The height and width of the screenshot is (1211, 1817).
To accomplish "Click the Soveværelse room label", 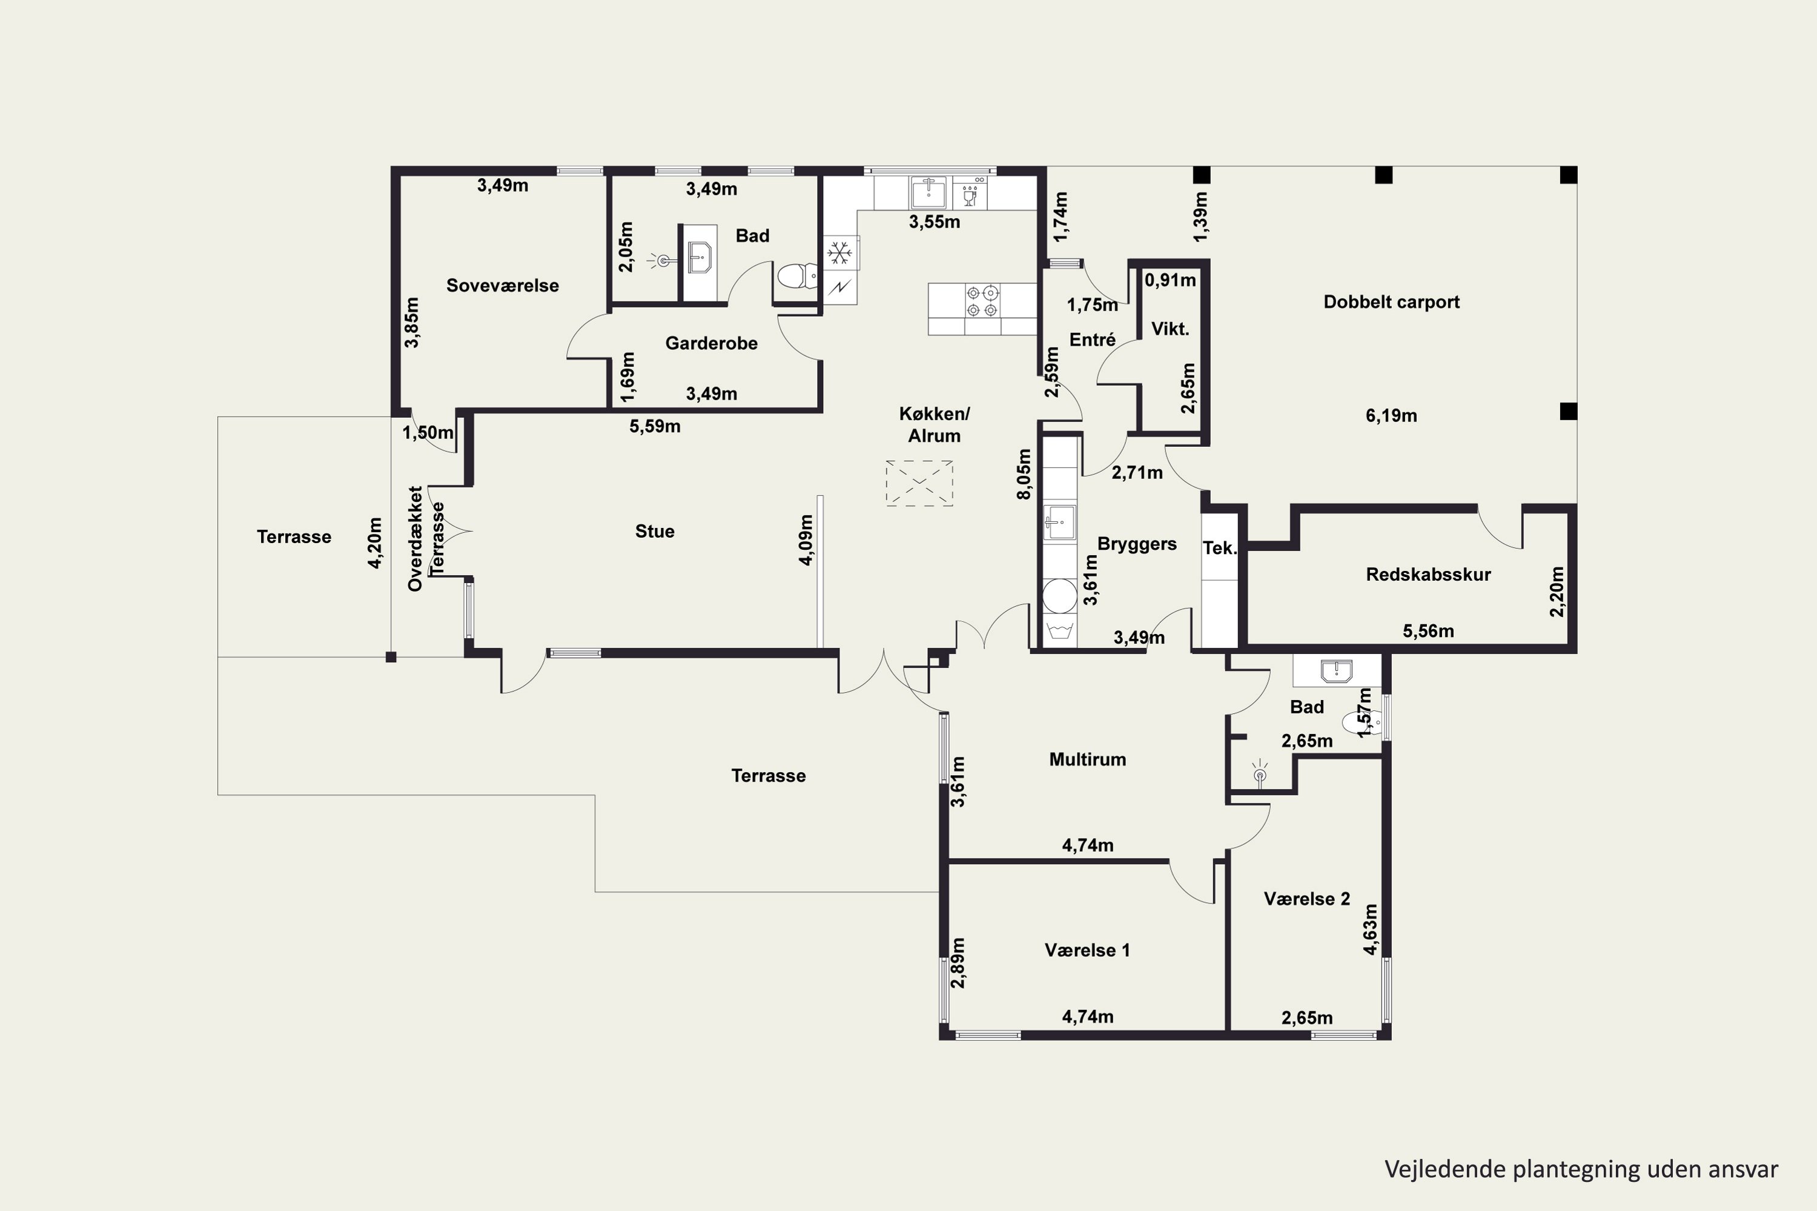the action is click(502, 286).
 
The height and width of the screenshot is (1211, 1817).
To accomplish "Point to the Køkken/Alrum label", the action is click(934, 425).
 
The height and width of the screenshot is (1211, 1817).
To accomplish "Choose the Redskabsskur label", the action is click(1428, 575).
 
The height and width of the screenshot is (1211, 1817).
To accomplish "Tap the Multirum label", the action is click(1087, 759).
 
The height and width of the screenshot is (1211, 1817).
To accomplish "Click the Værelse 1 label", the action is click(1087, 950).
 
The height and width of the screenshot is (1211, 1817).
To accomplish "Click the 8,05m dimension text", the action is click(1024, 474).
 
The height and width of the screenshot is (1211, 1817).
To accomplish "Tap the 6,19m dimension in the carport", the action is click(1391, 415).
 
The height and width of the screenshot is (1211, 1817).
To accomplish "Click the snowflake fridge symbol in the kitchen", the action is click(839, 252).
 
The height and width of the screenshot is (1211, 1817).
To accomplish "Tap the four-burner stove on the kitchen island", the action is click(981, 301).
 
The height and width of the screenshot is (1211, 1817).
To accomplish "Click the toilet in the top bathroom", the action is click(797, 276).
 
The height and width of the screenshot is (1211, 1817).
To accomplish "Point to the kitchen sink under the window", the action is click(928, 193).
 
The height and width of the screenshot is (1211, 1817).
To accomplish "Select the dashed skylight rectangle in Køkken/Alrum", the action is click(919, 483).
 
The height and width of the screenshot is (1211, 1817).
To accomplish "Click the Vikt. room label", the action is click(1170, 329).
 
